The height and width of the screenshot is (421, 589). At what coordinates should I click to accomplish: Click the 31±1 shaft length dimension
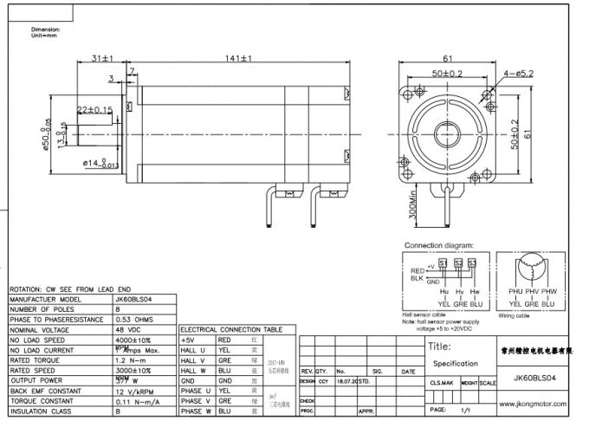click(x=103, y=59)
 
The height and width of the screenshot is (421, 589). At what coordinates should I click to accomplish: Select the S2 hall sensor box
click(x=458, y=262)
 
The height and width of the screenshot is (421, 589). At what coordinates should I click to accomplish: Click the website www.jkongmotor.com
click(x=535, y=403)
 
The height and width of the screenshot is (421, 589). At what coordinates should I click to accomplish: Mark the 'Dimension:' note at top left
click(x=34, y=29)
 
